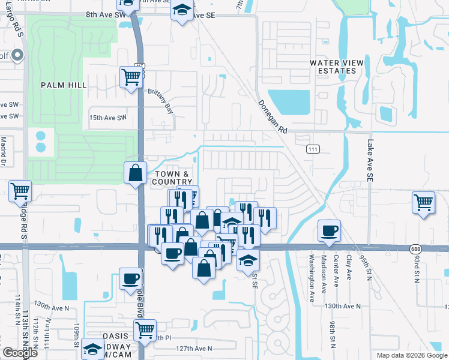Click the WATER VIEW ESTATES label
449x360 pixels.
point(333,67)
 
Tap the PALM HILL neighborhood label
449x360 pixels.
point(60,85)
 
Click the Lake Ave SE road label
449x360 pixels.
point(370,161)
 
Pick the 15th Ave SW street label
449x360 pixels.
point(109,118)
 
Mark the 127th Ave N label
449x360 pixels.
point(194,349)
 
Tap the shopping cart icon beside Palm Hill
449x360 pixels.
point(131,76)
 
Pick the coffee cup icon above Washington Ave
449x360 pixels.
point(329,230)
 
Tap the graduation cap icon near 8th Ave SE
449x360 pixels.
point(181,10)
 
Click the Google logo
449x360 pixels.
point(20,353)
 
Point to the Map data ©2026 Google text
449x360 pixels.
point(412,355)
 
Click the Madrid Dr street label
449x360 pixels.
point(4,151)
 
